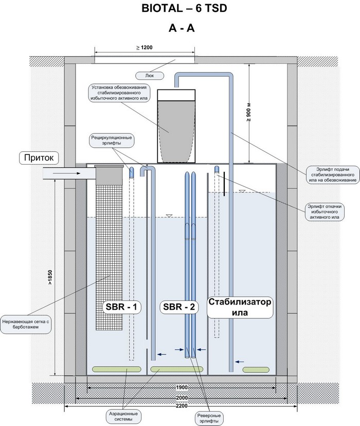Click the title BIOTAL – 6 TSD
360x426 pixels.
(184, 8)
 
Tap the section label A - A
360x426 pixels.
(182, 28)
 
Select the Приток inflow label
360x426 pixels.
(39, 158)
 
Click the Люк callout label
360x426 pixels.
(150, 76)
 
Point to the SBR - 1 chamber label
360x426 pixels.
(121, 307)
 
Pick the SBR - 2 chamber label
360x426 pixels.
(179, 307)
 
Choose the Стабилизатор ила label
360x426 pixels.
(240, 307)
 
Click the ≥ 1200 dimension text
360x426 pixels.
(144, 47)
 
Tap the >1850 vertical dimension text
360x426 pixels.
(50, 277)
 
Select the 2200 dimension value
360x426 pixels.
(182, 406)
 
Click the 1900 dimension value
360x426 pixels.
(182, 387)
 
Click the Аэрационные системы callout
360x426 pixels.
(123, 417)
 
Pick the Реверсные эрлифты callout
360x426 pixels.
(209, 418)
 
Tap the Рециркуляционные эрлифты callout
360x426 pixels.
(112, 140)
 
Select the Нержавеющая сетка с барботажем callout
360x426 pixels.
(26, 324)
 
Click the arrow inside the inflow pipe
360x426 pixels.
(67, 173)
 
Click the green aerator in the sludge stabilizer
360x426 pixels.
(256, 369)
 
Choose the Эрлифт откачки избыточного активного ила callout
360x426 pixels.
(325, 212)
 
